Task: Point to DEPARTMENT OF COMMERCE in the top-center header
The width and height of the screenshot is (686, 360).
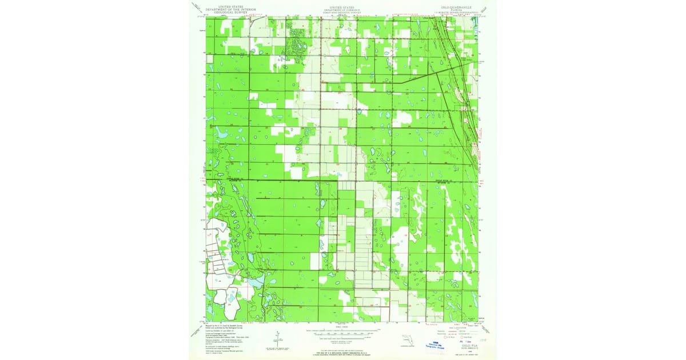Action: coord(342,10)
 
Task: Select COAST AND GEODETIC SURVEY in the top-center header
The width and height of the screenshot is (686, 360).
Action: coord(342,13)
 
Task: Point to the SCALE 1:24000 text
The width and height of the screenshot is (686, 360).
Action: coord(342,327)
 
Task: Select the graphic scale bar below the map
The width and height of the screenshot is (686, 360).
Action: coord(342,331)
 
